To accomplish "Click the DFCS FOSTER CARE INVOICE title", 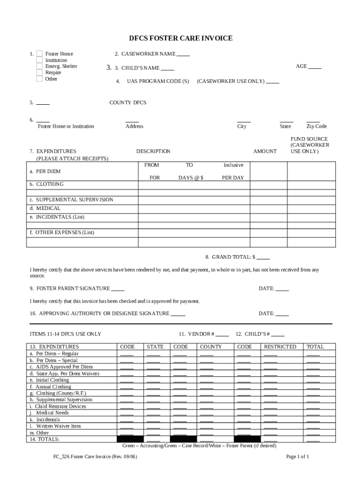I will click(x=181, y=38).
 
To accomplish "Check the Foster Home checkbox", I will click(x=39, y=54).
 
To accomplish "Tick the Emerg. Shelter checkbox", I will click(x=39, y=66).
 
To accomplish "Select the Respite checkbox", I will click(x=39, y=73).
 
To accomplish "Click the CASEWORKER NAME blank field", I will click(x=183, y=54).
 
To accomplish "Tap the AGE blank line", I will click(x=315, y=67).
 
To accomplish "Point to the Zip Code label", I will click(x=316, y=126).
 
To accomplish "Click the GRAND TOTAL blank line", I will click(x=263, y=258).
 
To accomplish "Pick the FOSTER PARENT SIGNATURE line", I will click(x=118, y=289).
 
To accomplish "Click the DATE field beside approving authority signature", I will click(x=282, y=314).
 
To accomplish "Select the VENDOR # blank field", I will click(x=222, y=335).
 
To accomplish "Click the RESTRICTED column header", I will click(x=280, y=347).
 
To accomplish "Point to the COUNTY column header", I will click(x=211, y=347).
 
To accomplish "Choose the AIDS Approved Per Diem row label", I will click(x=61, y=367).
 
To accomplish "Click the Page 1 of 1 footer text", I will click(x=297, y=457).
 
